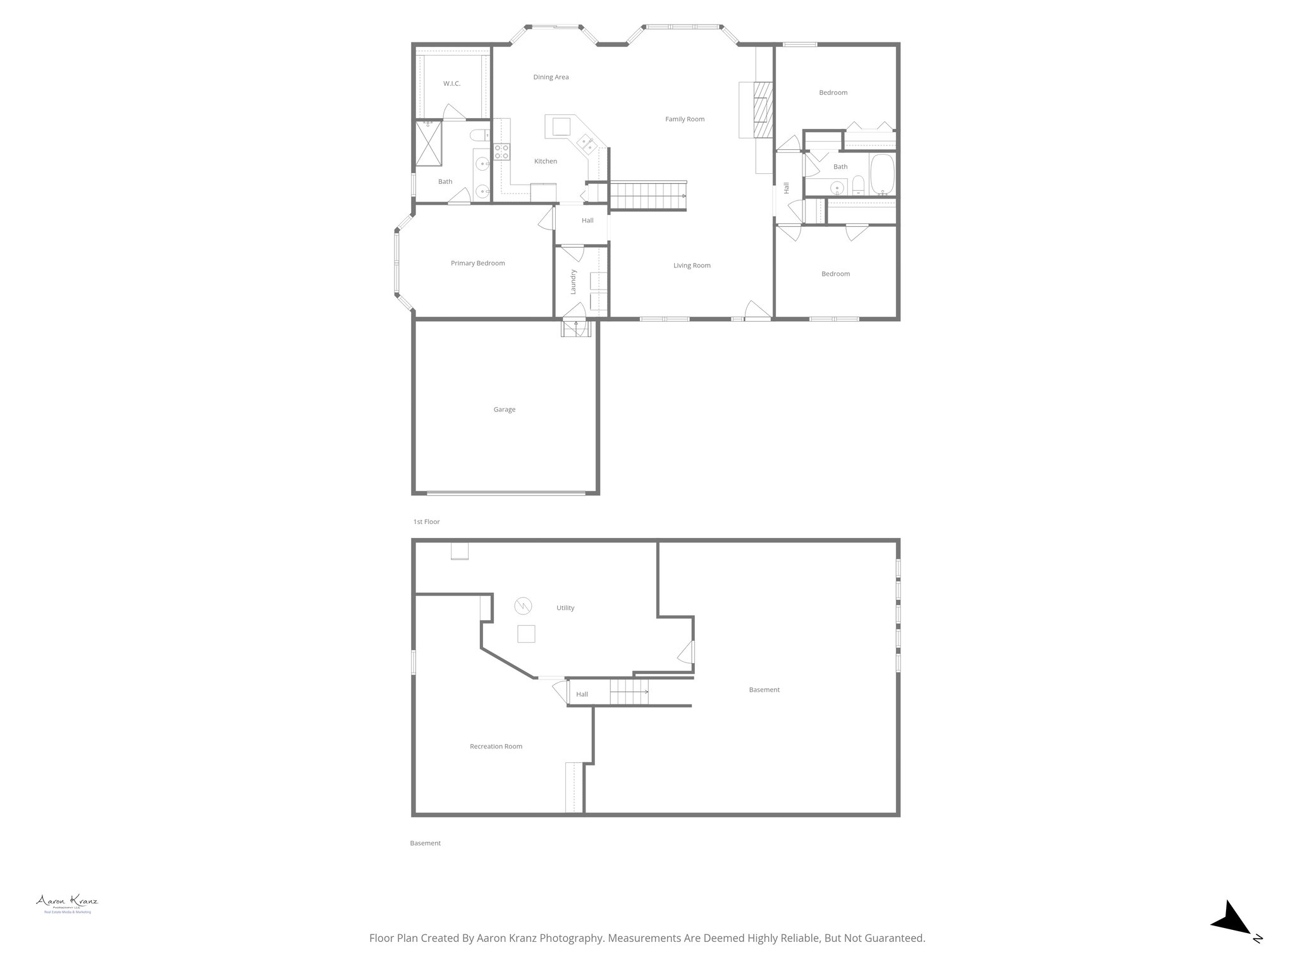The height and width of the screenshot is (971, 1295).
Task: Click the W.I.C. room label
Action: pos(451,83)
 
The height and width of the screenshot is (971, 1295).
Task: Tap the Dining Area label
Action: pos(551,77)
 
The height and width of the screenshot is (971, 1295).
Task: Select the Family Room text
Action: pos(684,119)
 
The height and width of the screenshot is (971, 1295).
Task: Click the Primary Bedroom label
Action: pos(477,263)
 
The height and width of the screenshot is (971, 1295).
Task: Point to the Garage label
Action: pos(504,410)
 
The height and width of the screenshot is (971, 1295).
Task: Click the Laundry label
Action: pos(573,282)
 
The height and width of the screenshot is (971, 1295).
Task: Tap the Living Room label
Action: pos(692,266)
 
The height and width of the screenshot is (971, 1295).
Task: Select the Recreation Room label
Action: pos(496,747)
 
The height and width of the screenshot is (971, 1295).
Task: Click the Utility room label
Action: pos(565,608)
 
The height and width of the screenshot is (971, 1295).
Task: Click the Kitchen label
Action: pos(545,161)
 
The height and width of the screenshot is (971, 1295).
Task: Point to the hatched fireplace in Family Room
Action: pos(763,110)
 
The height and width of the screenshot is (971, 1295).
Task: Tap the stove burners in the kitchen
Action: pos(502,152)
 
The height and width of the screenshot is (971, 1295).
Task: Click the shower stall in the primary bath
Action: pos(428,144)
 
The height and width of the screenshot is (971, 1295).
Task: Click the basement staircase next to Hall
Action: pos(629,692)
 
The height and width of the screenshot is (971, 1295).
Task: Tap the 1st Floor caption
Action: pos(426,522)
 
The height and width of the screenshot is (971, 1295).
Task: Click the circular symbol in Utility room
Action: pos(523,607)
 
